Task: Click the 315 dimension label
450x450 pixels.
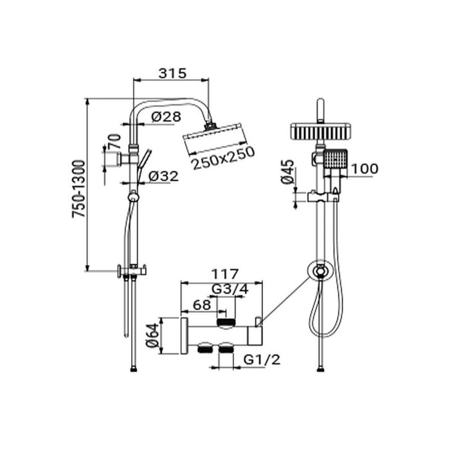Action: pyautogui.click(x=173, y=73)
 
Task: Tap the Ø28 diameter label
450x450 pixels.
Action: pyautogui.click(x=166, y=116)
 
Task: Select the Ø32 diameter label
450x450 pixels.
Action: pyautogui.click(x=163, y=176)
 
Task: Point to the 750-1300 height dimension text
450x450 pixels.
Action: pyautogui.click(x=78, y=188)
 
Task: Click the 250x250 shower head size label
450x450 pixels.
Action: pyautogui.click(x=223, y=158)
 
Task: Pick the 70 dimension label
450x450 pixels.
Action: pyautogui.click(x=115, y=141)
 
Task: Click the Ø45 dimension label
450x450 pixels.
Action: pyautogui.click(x=288, y=172)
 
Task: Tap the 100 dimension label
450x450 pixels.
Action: pyautogui.click(x=364, y=168)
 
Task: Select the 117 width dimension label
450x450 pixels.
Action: pyautogui.click(x=225, y=274)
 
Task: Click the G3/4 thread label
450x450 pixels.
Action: pyautogui.click(x=230, y=289)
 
